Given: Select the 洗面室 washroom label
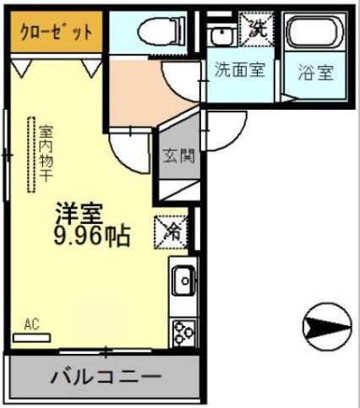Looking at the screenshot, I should tap(239, 71).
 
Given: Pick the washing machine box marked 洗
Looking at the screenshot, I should tap(257, 26).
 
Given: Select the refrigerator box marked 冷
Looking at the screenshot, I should tap(172, 229).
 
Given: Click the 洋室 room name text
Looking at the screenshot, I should tap(79, 212).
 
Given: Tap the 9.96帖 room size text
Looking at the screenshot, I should tap(94, 236).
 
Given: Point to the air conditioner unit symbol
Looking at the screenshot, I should tap(32, 337).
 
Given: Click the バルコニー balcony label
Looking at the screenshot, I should tap(105, 376).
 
